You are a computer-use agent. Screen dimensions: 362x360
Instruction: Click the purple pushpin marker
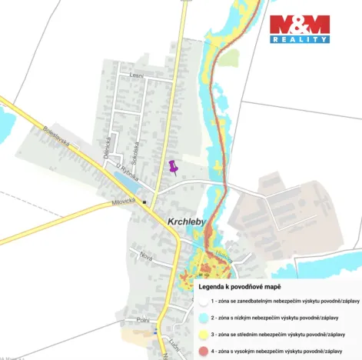tap(173, 167)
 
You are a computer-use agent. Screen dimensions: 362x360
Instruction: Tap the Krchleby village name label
tap(187, 222)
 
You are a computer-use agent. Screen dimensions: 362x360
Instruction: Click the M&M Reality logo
tap(299, 29)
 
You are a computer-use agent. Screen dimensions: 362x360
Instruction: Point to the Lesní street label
tap(137, 75)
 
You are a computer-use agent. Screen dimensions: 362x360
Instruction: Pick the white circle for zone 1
tap(203, 302)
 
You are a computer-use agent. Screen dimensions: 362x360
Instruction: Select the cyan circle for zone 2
tap(203, 317)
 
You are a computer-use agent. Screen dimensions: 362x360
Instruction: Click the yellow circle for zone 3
tap(203, 334)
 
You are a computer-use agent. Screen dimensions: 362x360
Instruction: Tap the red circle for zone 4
tap(203, 350)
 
